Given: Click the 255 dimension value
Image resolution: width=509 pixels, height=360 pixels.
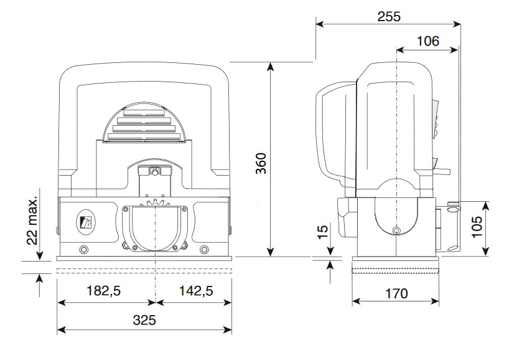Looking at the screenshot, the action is [389, 16].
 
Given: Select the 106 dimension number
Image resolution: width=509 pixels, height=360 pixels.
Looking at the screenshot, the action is [428, 41].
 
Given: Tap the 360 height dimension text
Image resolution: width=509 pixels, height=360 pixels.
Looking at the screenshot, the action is [261, 163].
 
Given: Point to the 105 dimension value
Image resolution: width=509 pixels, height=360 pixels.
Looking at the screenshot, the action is [477, 227].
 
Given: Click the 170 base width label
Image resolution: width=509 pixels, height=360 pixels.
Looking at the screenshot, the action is [396, 294].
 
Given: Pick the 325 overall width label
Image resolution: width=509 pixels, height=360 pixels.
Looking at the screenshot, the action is [144, 320].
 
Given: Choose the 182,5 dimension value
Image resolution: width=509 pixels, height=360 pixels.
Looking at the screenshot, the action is [103, 290].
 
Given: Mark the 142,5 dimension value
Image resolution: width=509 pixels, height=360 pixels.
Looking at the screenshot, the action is [196, 290].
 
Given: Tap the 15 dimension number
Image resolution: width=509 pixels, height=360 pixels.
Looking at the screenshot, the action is [323, 232].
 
